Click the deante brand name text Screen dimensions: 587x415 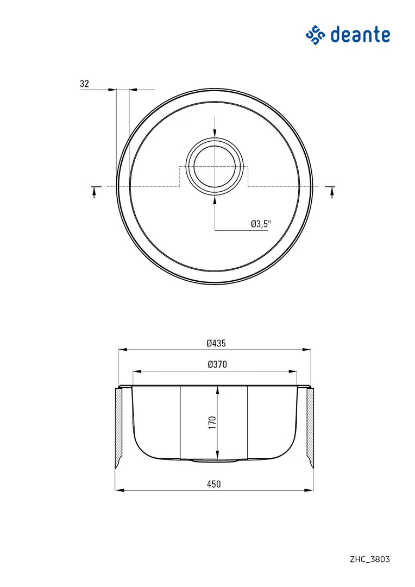coord(360,35)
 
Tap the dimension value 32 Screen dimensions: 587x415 coord(84,84)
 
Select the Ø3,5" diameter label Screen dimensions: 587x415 coord(260,224)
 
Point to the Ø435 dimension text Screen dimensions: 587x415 coord(216,343)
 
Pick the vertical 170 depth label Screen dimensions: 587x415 coord(212,422)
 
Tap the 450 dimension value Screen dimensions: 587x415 coord(214,484)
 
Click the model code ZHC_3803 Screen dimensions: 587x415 coord(370,559)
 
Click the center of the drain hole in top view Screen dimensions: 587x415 coord(215,166)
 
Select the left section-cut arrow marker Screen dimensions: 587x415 coord(96,191)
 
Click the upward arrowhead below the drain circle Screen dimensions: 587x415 coord(215,199)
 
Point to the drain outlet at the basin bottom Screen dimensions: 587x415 coord(215,460)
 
